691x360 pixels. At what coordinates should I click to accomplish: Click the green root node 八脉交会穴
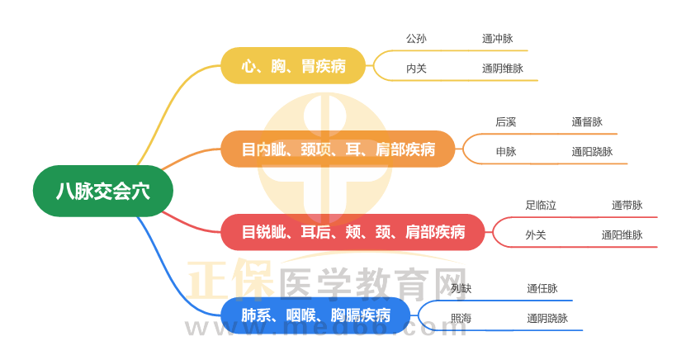pos(103,191)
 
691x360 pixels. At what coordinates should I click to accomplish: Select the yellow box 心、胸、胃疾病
pos(293,66)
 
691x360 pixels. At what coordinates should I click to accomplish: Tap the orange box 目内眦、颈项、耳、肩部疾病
pos(338,149)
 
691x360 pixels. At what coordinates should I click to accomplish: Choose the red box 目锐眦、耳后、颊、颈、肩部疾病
pos(353,232)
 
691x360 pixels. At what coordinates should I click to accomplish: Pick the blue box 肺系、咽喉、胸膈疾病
pos(315,315)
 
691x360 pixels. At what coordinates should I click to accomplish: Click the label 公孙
pos(416,39)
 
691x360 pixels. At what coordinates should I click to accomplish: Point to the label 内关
pos(416,69)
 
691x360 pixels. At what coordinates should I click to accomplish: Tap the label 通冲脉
pos(498,39)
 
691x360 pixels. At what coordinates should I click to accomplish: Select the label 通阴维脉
pos(503,69)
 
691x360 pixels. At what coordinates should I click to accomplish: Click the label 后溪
pos(506,122)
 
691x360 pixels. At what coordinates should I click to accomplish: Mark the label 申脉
pos(506,152)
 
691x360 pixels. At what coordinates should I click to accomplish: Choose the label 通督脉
pos(587,122)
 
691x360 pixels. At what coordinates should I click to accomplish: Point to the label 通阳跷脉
pos(592,152)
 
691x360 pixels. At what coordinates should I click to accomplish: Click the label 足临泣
pos(541,206)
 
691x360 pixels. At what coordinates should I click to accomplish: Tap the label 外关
pos(536,234)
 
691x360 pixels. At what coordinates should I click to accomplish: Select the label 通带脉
pos(627,206)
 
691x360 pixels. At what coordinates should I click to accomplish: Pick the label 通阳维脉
pos(622,234)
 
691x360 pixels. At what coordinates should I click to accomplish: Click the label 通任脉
pos(542,289)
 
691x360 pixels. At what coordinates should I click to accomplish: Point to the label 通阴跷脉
pos(547,318)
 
